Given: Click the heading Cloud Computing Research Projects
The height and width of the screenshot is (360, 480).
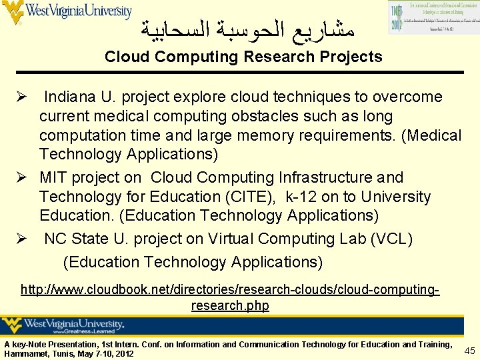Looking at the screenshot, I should click(x=243, y=57).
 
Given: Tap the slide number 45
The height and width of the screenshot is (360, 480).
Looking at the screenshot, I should click(x=469, y=351).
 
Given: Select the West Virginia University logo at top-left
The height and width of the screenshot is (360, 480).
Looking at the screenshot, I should click(x=67, y=12).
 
